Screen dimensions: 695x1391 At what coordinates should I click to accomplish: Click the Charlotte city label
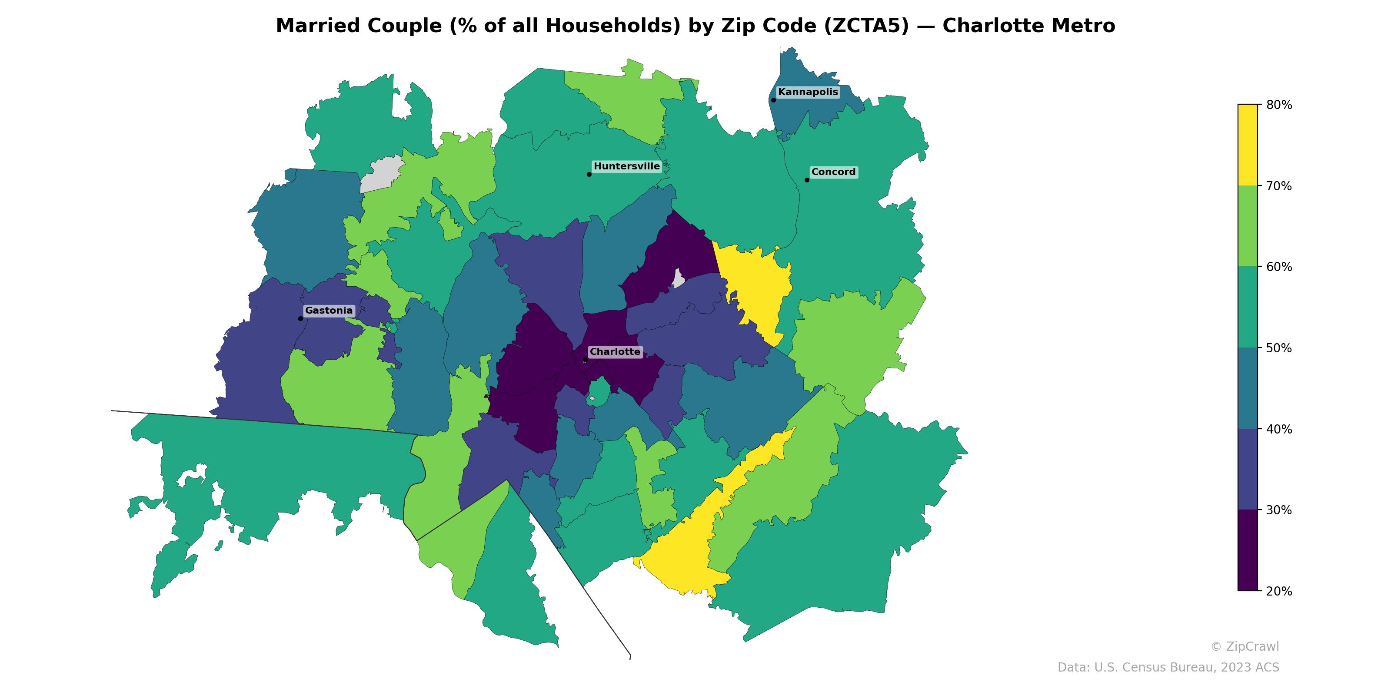pyautogui.click(x=615, y=352)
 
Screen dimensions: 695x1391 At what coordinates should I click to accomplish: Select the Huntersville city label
pyautogui.click(x=626, y=166)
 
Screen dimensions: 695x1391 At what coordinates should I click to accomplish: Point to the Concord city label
pyautogui.click(x=833, y=172)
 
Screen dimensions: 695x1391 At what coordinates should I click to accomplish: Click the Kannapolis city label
pyautogui.click(x=808, y=92)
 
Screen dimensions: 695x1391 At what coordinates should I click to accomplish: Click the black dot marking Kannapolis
pyautogui.click(x=773, y=100)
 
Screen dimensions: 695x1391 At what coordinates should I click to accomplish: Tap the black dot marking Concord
pyautogui.click(x=807, y=180)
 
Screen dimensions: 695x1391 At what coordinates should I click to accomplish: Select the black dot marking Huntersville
pyautogui.click(x=589, y=174)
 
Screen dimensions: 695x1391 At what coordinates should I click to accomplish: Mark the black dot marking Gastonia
pyautogui.click(x=300, y=318)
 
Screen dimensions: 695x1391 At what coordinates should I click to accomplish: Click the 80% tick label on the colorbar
pyautogui.click(x=1279, y=105)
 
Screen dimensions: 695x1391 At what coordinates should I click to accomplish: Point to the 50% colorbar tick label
pyautogui.click(x=1279, y=348)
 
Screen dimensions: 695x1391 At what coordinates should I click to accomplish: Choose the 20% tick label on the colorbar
pyautogui.click(x=1279, y=591)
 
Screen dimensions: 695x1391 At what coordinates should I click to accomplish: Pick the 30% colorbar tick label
pyautogui.click(x=1279, y=510)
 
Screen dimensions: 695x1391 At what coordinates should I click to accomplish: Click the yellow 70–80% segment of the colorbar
pyautogui.click(x=1248, y=145)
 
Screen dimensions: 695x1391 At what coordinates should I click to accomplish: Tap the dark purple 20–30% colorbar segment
pyautogui.click(x=1248, y=550)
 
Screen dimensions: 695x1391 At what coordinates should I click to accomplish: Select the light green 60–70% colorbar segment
pyautogui.click(x=1248, y=226)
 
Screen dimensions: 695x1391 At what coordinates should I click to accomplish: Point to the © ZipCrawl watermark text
pyautogui.click(x=1244, y=646)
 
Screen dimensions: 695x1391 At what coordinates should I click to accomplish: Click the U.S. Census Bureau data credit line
pyautogui.click(x=1168, y=668)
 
